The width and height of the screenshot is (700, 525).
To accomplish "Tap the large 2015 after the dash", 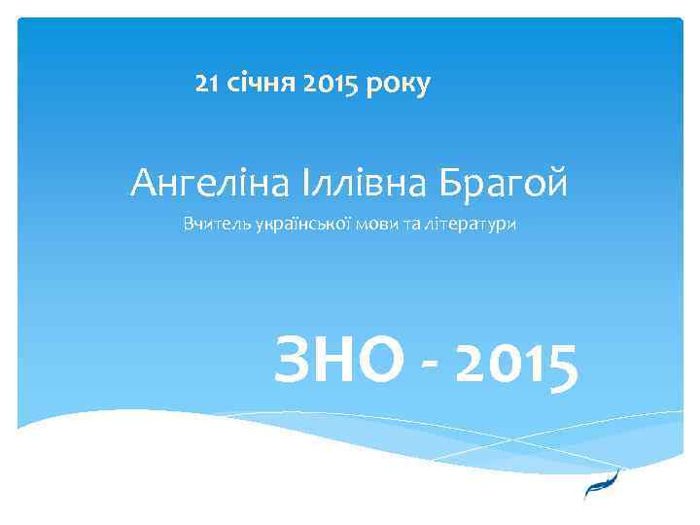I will pyautogui.click(x=516, y=361).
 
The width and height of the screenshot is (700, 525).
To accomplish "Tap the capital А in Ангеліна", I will pyautogui.click(x=143, y=181).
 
